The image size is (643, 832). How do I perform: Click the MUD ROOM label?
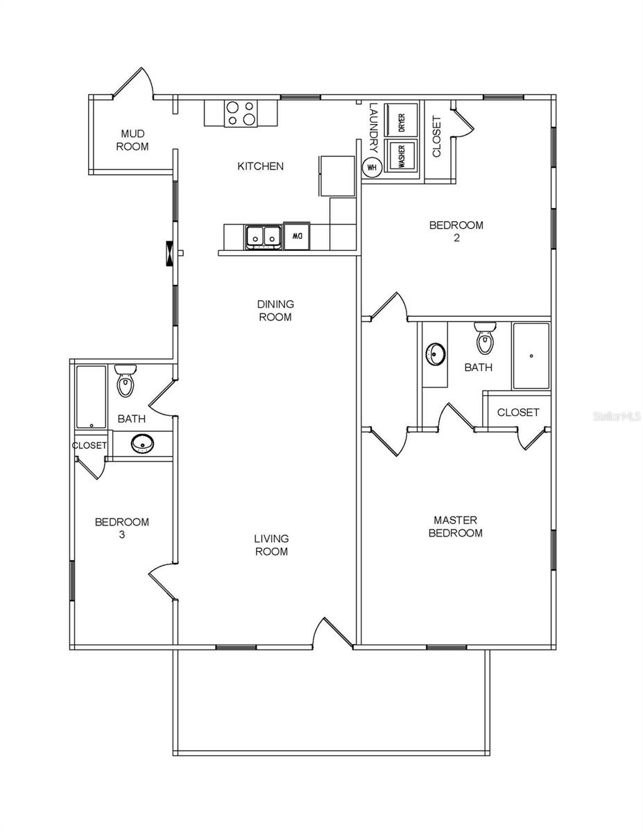[x=132, y=140]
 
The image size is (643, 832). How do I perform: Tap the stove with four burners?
[x=241, y=113]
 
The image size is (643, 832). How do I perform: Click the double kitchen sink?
[x=263, y=236]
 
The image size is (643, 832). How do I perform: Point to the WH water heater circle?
[x=372, y=167]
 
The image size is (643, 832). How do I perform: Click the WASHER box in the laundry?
[x=402, y=157]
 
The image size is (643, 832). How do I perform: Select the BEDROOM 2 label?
[x=456, y=231]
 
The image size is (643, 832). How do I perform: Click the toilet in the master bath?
[x=485, y=338]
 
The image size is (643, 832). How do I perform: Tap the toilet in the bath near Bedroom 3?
[x=125, y=381]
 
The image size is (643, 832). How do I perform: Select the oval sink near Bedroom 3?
[x=143, y=442]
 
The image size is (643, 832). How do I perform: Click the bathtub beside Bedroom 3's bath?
[x=91, y=397]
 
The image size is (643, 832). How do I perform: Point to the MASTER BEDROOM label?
[x=455, y=526]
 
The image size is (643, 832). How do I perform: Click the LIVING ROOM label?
[x=271, y=545]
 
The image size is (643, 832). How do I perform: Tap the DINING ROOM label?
[x=275, y=311]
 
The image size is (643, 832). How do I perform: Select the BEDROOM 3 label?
[x=122, y=528]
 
